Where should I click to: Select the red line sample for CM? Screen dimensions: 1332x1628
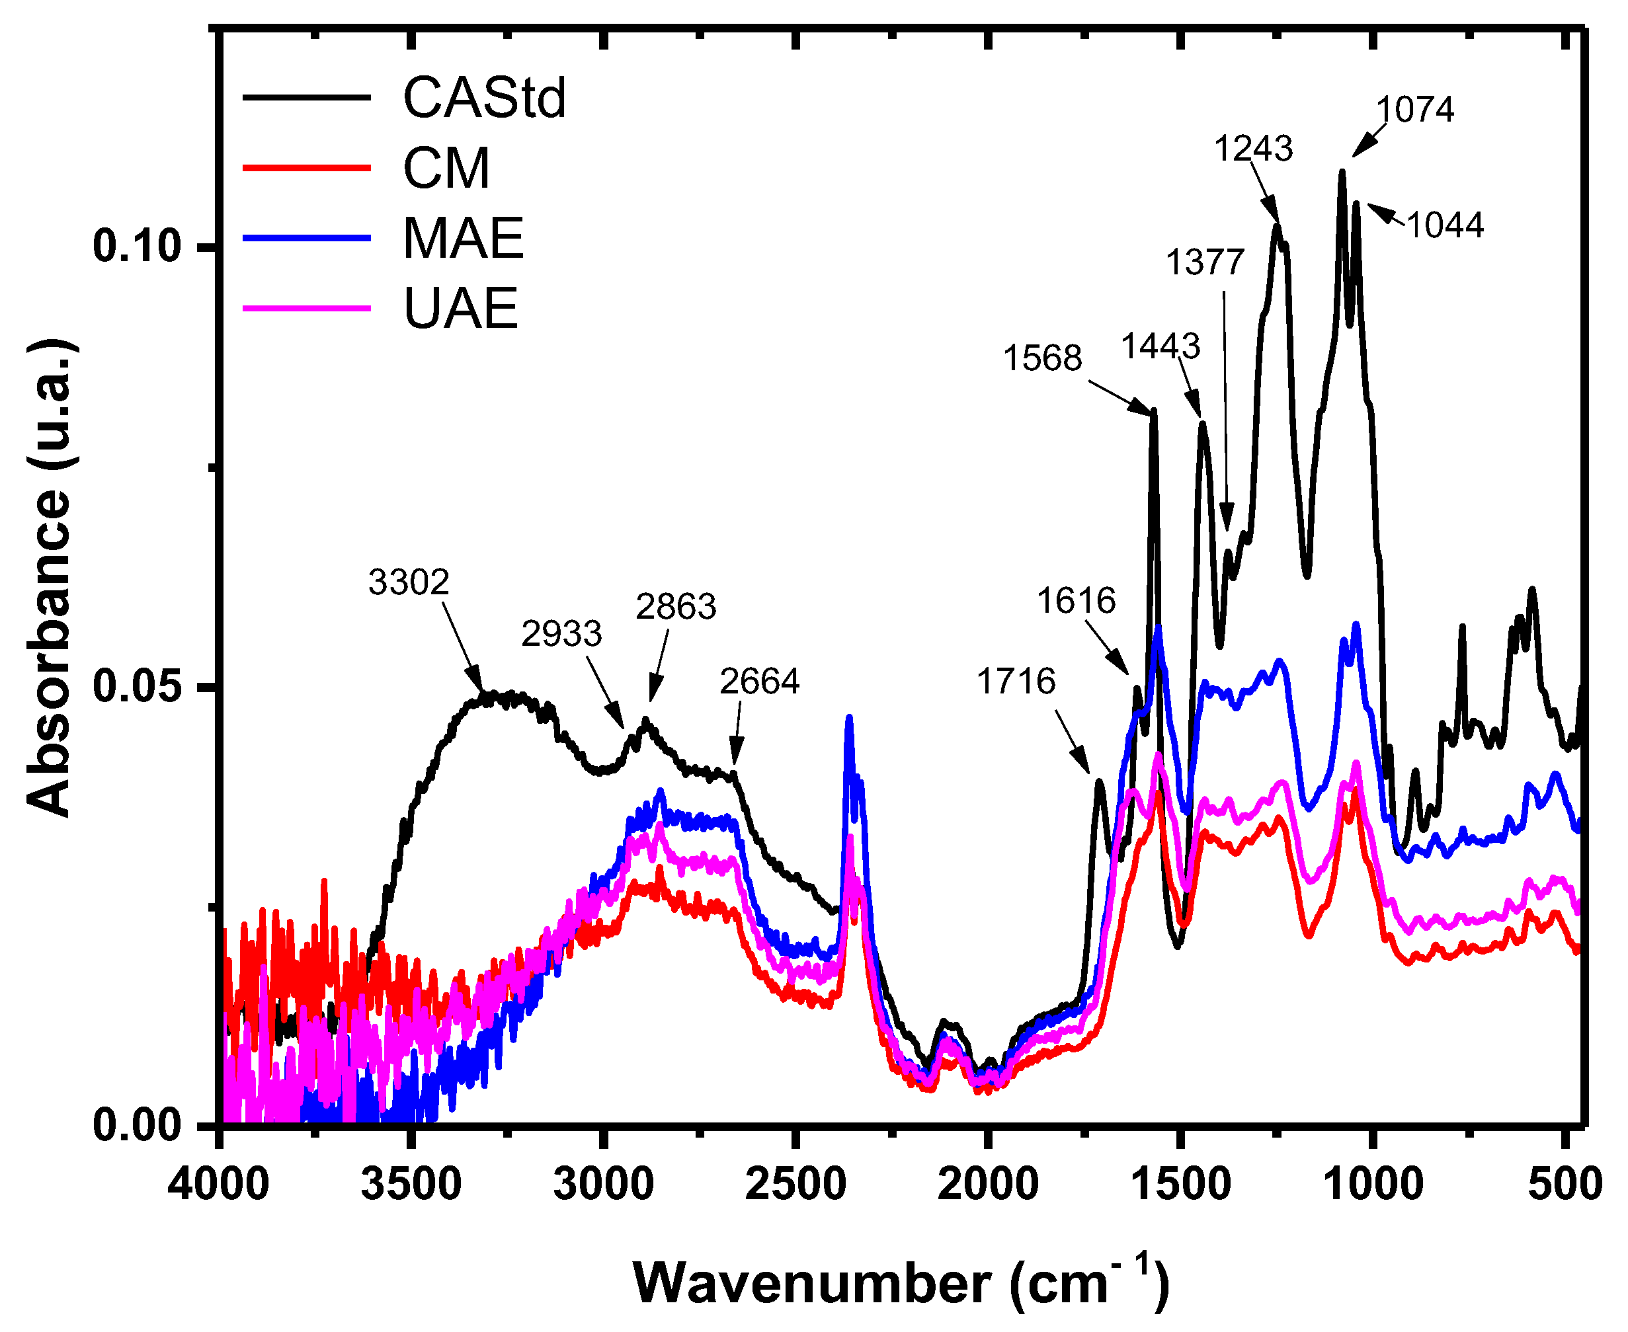(x=307, y=167)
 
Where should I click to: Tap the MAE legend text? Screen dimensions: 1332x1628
(x=463, y=239)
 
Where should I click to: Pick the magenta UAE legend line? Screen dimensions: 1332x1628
(x=307, y=309)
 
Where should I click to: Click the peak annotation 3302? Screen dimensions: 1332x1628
(x=409, y=582)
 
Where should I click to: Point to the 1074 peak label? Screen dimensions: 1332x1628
(x=1414, y=109)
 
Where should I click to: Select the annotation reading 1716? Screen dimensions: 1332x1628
(x=1016, y=681)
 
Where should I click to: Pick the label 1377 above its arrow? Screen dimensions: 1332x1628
(x=1204, y=262)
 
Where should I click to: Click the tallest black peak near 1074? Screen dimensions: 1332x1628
(x=1342, y=173)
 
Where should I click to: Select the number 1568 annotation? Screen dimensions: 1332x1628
(x=1042, y=358)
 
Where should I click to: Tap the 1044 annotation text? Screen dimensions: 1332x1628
(x=1445, y=225)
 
